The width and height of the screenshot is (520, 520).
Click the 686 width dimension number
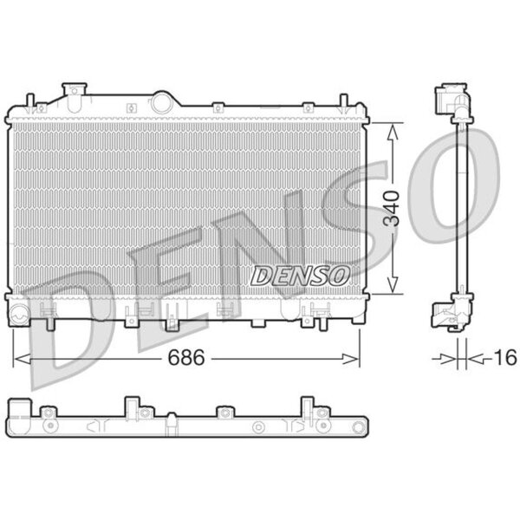click(x=186, y=358)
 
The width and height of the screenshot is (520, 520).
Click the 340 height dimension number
click(x=392, y=209)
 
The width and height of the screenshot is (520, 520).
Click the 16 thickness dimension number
click(x=505, y=357)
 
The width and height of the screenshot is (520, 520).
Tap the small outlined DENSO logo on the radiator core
click(x=300, y=276)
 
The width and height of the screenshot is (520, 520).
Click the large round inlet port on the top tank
click(x=163, y=103)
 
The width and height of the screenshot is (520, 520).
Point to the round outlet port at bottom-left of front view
click(x=20, y=313)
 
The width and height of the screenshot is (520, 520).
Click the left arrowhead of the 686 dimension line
click(x=22, y=359)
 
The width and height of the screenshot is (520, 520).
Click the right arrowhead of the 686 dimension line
click(x=351, y=359)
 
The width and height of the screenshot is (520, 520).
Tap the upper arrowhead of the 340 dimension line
click(x=393, y=132)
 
